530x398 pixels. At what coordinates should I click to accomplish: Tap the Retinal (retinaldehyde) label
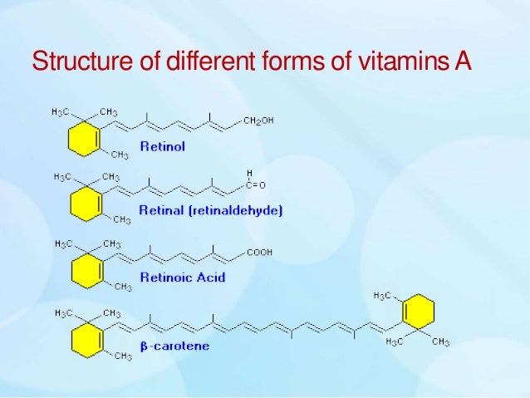211,211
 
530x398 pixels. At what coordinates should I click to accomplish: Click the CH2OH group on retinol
258,120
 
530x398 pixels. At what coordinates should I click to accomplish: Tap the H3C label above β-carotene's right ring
383,296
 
